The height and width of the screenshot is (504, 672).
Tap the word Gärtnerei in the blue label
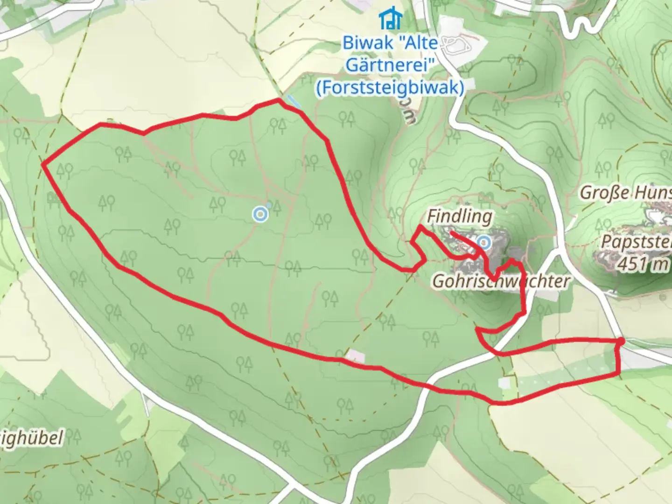(x=387, y=65)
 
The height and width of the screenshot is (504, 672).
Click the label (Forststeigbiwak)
(x=390, y=87)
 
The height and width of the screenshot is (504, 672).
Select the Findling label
(x=459, y=217)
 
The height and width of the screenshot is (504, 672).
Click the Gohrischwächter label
(x=501, y=281)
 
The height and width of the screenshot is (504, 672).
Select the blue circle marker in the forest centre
(x=260, y=215)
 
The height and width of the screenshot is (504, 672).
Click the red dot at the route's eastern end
(x=621, y=342)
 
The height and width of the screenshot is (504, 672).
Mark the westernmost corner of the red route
(x=43, y=164)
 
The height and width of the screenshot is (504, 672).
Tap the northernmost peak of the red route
(x=279, y=99)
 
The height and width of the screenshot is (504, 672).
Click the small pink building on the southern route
(x=355, y=357)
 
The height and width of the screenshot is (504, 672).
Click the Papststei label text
(x=636, y=242)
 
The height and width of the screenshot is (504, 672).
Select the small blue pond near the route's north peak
(x=294, y=101)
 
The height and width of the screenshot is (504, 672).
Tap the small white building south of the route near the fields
(x=504, y=383)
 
